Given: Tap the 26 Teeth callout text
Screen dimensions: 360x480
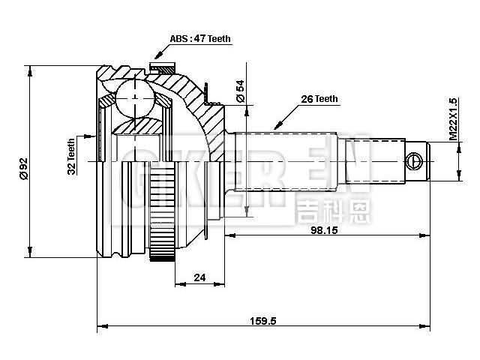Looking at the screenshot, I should (320, 98).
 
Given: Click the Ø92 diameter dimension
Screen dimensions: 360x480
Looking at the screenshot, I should (23, 166).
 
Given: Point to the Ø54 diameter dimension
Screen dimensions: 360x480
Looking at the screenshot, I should (240, 91).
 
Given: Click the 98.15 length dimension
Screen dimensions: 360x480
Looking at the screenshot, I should (325, 230).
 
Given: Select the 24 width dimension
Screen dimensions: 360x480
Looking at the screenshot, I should (199, 277).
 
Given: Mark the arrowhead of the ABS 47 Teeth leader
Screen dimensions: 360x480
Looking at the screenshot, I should (156, 55).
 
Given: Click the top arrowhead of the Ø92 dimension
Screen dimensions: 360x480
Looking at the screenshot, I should (30, 69).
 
